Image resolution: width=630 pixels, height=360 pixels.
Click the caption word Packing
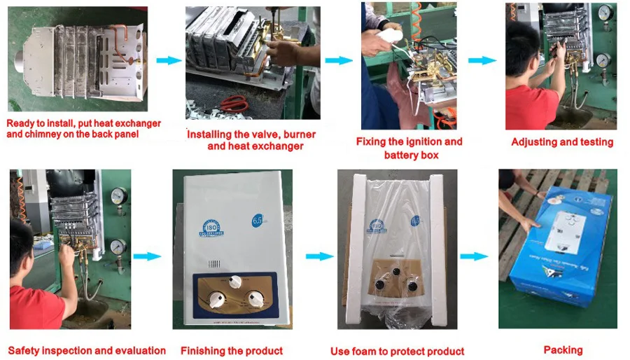[563, 349]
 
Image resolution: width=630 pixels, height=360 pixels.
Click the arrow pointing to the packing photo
[473, 256]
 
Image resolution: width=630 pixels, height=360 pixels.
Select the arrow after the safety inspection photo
[147, 256]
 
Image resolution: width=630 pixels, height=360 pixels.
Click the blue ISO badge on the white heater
[211, 228]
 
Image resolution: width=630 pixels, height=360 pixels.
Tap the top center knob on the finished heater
[236, 281]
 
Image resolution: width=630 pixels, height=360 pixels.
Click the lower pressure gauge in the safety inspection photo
[118, 247]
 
